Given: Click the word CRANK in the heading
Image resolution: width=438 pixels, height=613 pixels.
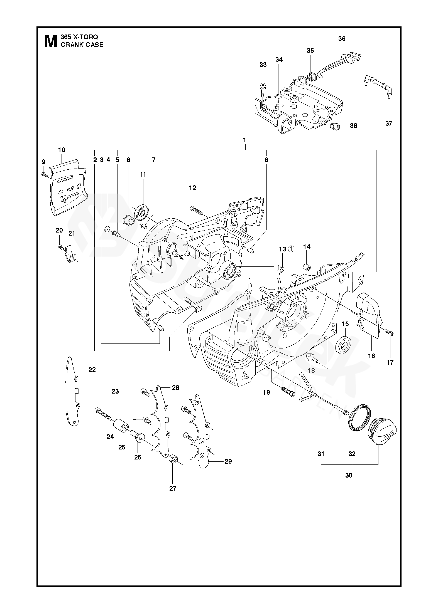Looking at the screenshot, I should point(70,45).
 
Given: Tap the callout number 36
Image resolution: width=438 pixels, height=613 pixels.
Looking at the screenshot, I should point(342,39).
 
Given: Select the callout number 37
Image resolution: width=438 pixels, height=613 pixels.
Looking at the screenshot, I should point(388,123).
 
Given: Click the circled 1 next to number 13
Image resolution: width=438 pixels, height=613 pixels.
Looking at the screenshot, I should point(291,249).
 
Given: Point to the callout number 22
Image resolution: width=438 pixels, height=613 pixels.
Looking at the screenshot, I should point(92,370).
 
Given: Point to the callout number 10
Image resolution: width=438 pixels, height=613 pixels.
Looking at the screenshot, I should point(62,150).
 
